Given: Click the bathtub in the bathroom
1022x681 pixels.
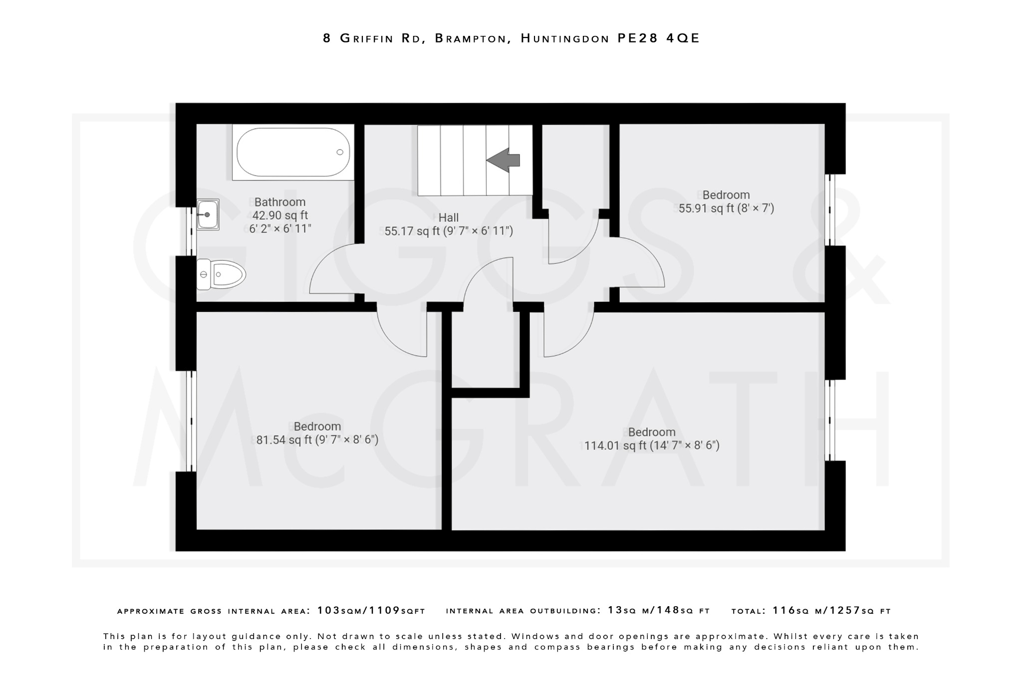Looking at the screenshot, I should point(293,152).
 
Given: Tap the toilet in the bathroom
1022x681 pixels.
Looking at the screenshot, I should point(221,274).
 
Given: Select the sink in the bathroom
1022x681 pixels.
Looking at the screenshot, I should point(208,215).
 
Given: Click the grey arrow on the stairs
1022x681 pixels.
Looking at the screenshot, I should point(504,160).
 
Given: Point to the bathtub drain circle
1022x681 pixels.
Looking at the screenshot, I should point(340,152).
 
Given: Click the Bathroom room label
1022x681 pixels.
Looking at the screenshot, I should point(279,202).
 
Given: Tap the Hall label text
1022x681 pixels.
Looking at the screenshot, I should point(448,218).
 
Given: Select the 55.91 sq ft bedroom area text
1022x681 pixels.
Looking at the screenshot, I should point(726,208).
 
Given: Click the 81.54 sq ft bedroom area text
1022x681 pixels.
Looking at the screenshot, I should point(317,440).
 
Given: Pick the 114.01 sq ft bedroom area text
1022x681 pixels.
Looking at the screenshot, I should point(652,446).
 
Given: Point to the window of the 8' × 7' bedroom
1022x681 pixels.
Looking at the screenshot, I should point(829,210).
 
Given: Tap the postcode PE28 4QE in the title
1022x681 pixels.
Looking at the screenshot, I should point(659,38).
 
